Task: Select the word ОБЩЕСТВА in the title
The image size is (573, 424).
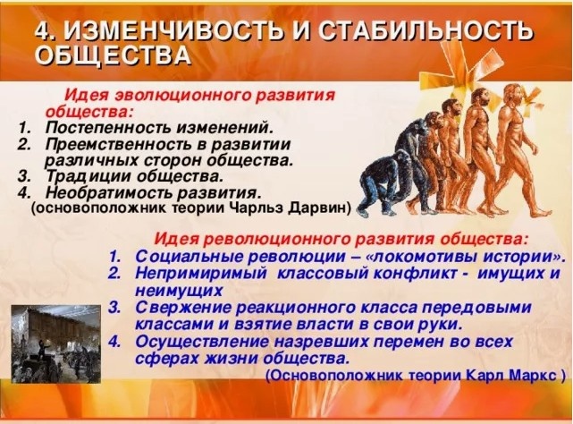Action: pyautogui.click(x=114, y=56)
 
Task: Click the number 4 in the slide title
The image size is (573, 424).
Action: pyautogui.click(x=42, y=33)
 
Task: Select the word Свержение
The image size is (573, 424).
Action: pyautogui.click(x=177, y=308)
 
